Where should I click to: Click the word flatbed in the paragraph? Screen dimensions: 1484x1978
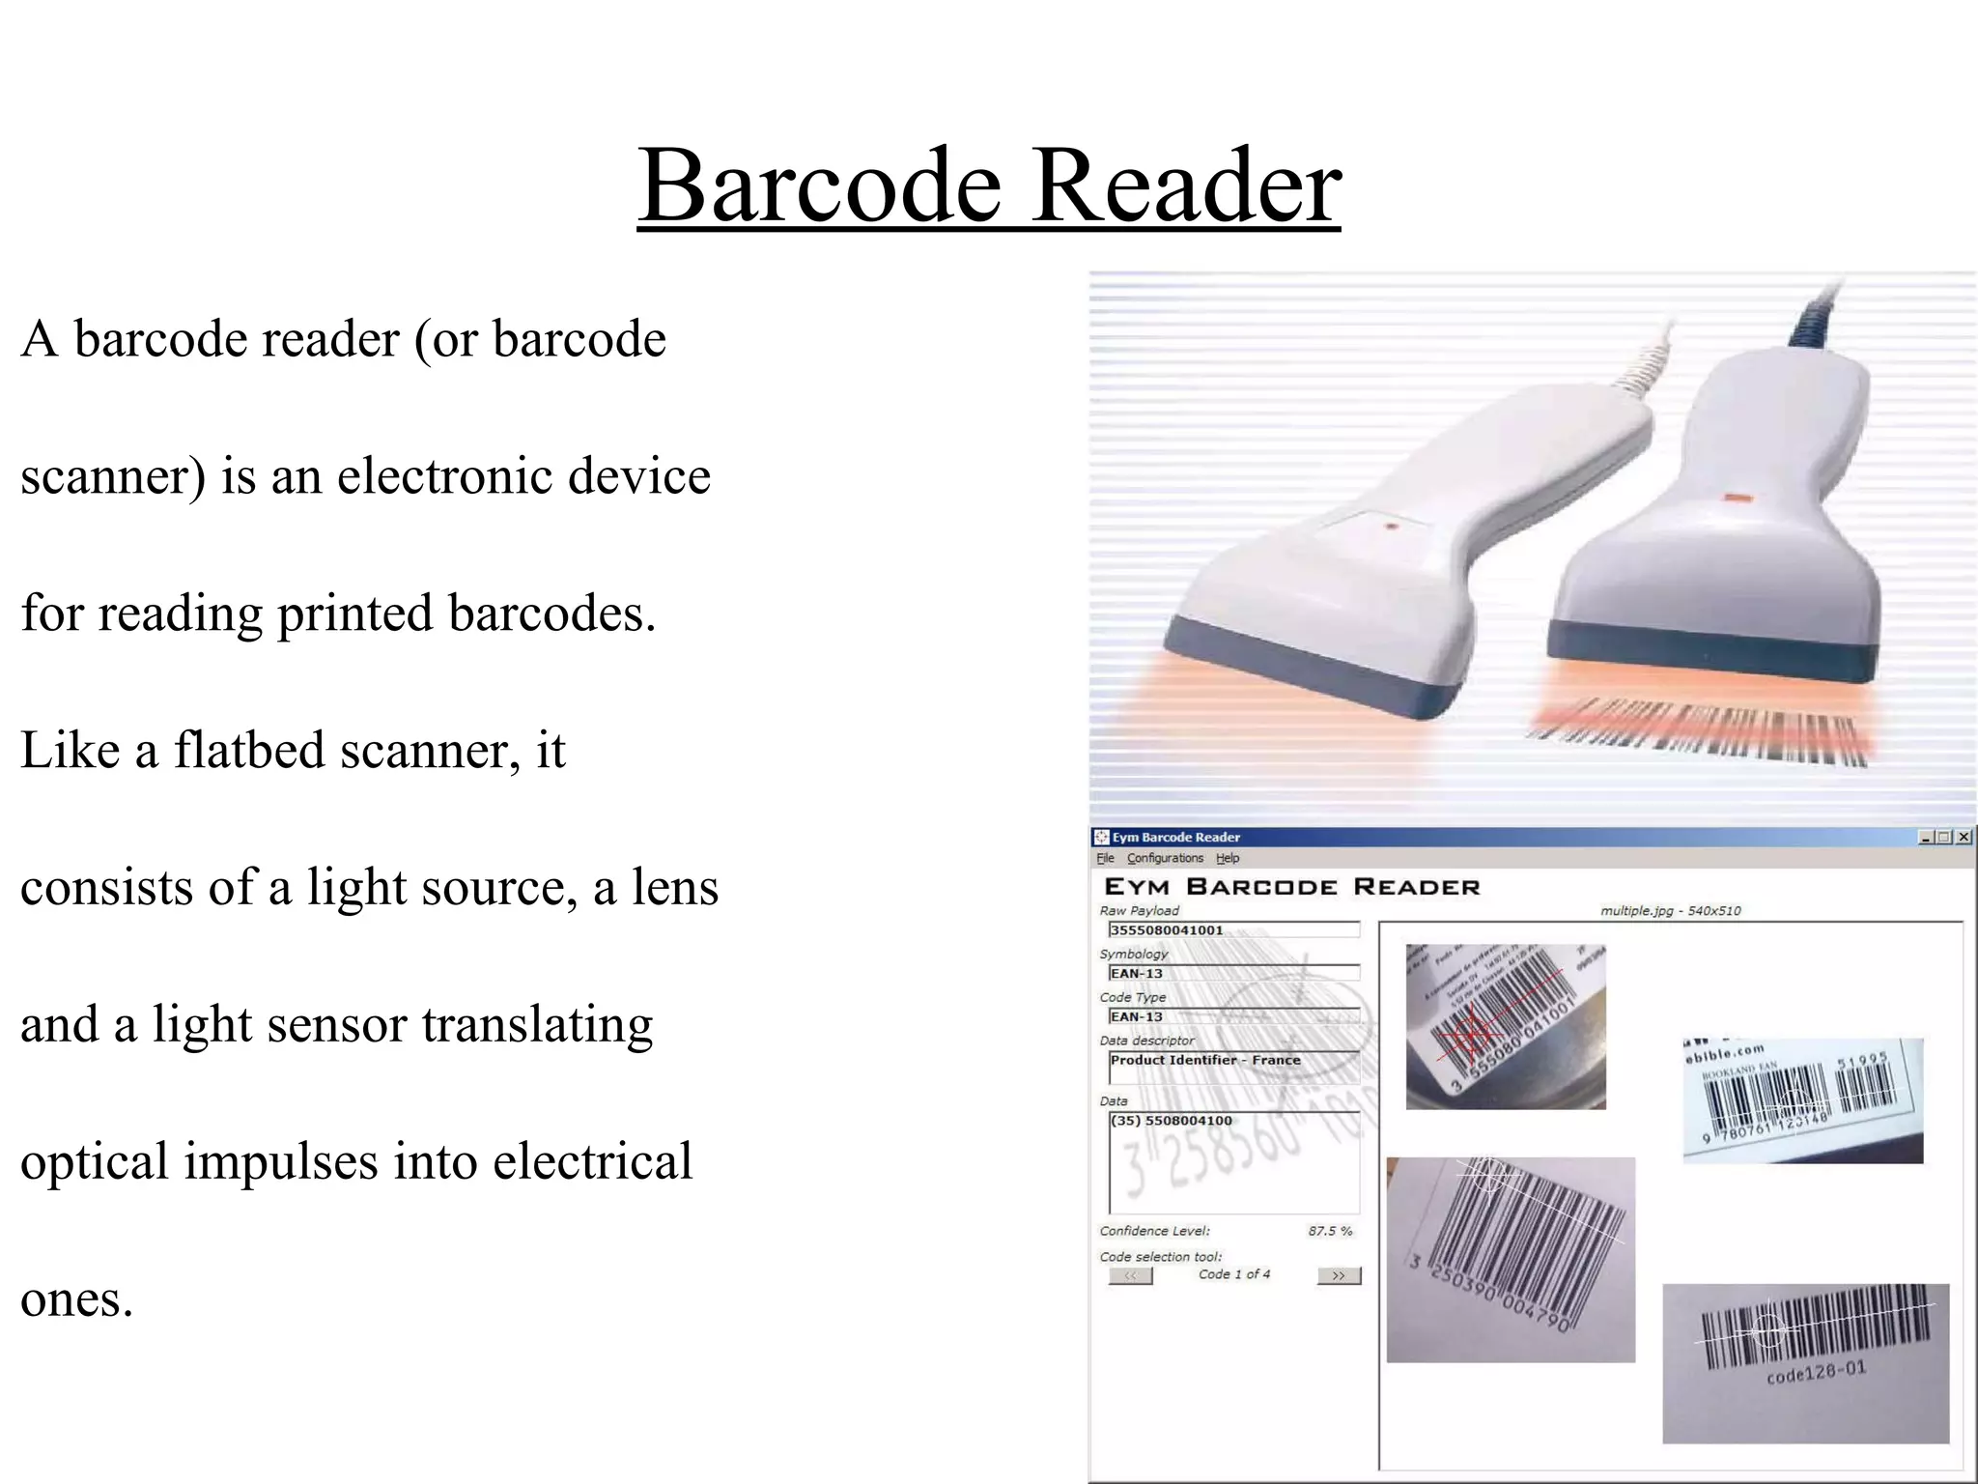(247, 750)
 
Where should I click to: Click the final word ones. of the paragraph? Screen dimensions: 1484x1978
(76, 1298)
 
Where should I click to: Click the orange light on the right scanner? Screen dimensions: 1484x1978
(1738, 499)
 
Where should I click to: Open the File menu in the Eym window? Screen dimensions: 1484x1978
(1105, 858)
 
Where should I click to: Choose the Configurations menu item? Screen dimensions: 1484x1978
(1165, 858)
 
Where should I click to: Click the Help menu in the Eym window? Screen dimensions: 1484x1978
(1227, 858)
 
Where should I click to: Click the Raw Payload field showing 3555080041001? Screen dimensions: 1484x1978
(1232, 930)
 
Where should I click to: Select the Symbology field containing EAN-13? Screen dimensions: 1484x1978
(1232, 974)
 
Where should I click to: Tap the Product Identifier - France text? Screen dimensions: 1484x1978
(1205, 1060)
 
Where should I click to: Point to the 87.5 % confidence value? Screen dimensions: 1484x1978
(1330, 1231)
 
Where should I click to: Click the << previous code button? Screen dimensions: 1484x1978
(1130, 1275)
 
